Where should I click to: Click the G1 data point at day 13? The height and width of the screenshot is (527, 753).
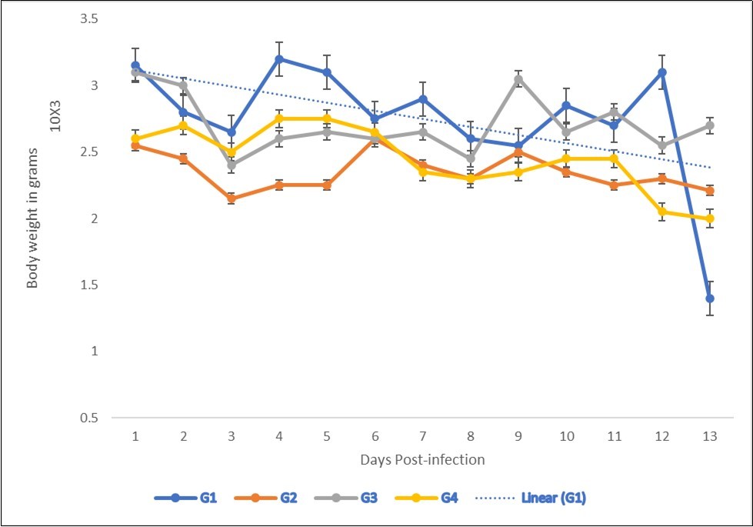pos(710,299)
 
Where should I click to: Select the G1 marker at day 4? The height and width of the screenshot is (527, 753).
pos(279,58)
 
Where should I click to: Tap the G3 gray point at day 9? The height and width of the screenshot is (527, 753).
pos(518,79)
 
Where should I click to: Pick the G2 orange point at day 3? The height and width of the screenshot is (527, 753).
pos(232,198)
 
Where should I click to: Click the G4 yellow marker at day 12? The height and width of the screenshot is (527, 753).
pos(662,212)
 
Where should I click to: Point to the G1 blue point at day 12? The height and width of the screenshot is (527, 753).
pos(662,72)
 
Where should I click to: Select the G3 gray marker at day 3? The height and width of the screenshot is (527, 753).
pos(232,165)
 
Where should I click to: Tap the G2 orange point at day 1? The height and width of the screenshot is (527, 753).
pos(135,145)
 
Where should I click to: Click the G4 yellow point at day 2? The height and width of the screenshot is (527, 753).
pos(183,125)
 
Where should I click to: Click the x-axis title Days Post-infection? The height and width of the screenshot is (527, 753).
pos(422,460)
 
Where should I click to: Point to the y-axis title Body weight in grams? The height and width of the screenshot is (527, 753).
pos(32,218)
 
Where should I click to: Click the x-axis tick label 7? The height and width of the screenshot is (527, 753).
pos(422,436)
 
